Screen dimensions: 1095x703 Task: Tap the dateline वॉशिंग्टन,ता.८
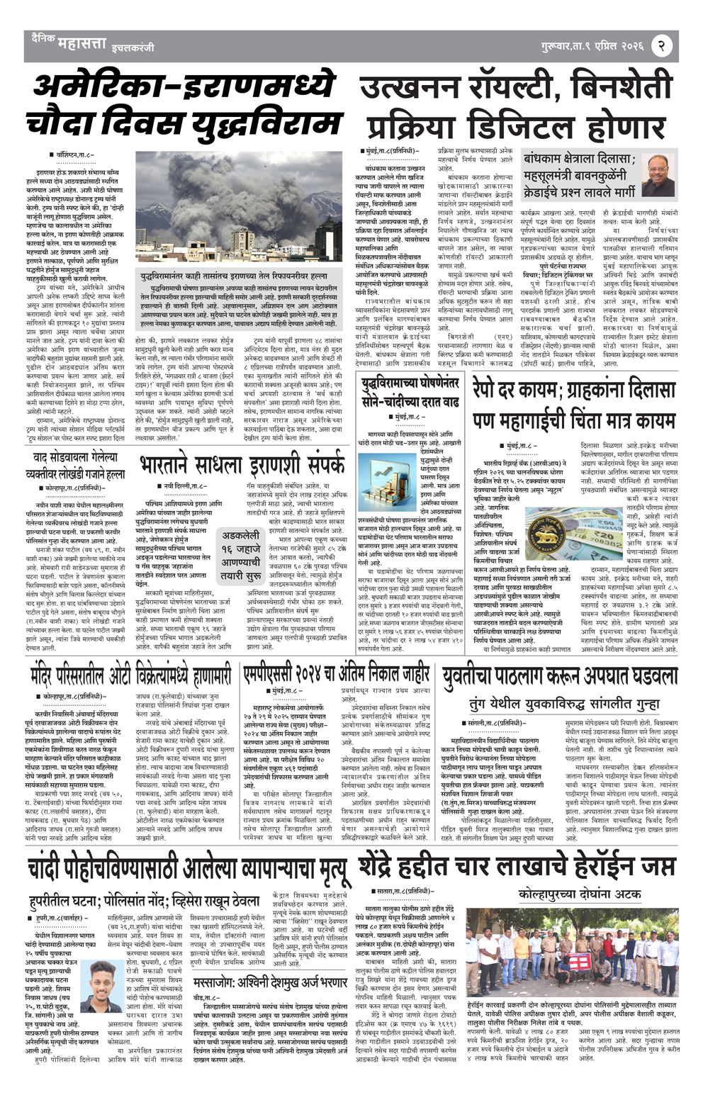(67, 154)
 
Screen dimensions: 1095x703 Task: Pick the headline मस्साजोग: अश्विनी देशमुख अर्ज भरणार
(271, 982)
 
